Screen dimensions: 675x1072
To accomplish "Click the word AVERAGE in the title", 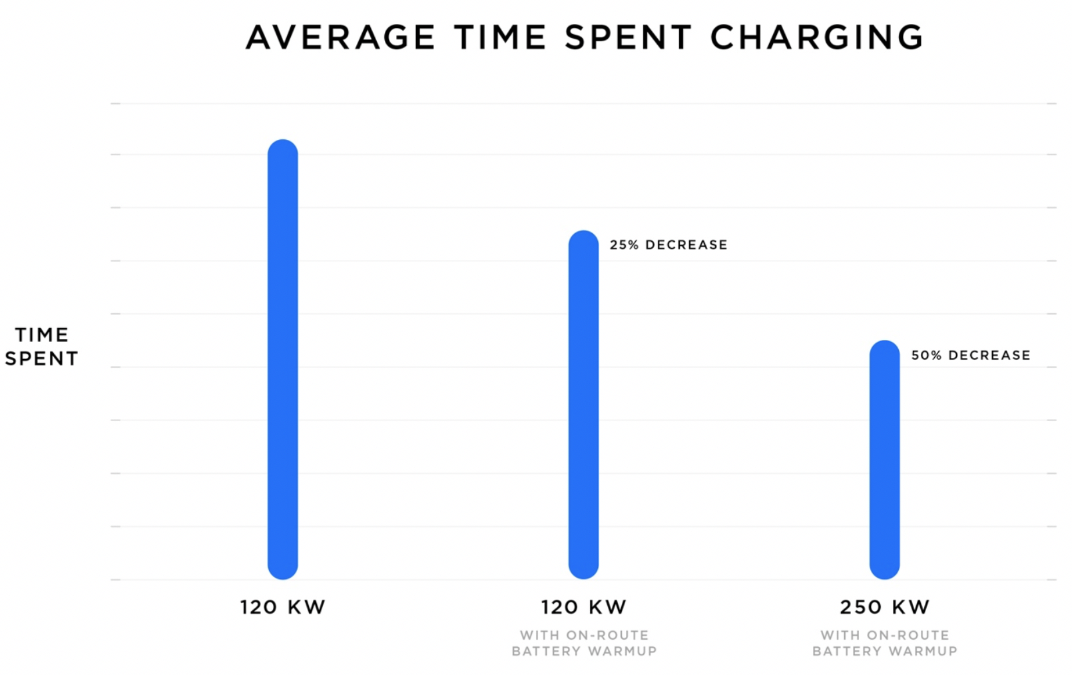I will (341, 37).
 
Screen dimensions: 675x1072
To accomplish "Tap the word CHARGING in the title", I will (817, 37).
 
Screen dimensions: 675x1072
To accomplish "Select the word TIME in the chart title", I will (500, 37).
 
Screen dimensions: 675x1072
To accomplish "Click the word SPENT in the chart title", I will (628, 37).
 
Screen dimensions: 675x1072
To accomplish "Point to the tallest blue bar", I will (282, 360).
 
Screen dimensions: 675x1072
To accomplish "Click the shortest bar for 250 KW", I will (884, 460).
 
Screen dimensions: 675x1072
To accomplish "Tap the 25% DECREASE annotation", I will (668, 245).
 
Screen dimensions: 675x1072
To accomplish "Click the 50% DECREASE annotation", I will (970, 356).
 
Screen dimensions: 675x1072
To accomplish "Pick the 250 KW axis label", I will (884, 607).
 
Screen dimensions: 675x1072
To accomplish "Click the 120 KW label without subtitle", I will (282, 607).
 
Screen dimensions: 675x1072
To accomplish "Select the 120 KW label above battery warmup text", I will (583, 607).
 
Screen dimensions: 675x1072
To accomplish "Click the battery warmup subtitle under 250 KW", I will (884, 644).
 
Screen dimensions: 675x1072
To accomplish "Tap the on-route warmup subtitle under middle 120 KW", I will (584, 644).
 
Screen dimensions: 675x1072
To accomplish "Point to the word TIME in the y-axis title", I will (42, 335).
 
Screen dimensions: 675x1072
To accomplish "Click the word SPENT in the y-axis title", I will (42, 358).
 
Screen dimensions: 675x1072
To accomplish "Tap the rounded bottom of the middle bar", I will (583, 570).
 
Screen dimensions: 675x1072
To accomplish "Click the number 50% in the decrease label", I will (926, 356).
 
